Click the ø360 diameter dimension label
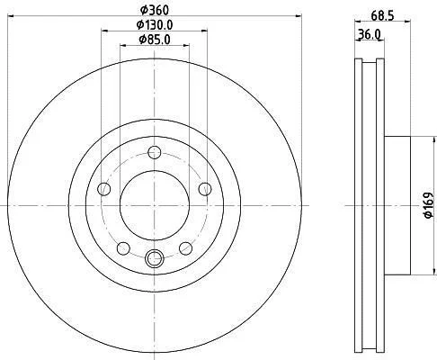pyautogui.click(x=155, y=11)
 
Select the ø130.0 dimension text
pyautogui.click(x=155, y=25)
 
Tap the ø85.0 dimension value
pyautogui.click(x=155, y=40)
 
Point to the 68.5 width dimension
pyautogui.click(x=382, y=15)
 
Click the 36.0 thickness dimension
pyautogui.click(x=370, y=34)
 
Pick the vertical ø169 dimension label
pyautogui.click(x=429, y=205)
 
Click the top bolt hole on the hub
pyautogui.click(x=155, y=152)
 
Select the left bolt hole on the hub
pyautogui.click(x=104, y=189)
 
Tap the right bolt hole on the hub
pyautogui.click(x=205, y=189)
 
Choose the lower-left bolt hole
pyautogui.click(x=123, y=248)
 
